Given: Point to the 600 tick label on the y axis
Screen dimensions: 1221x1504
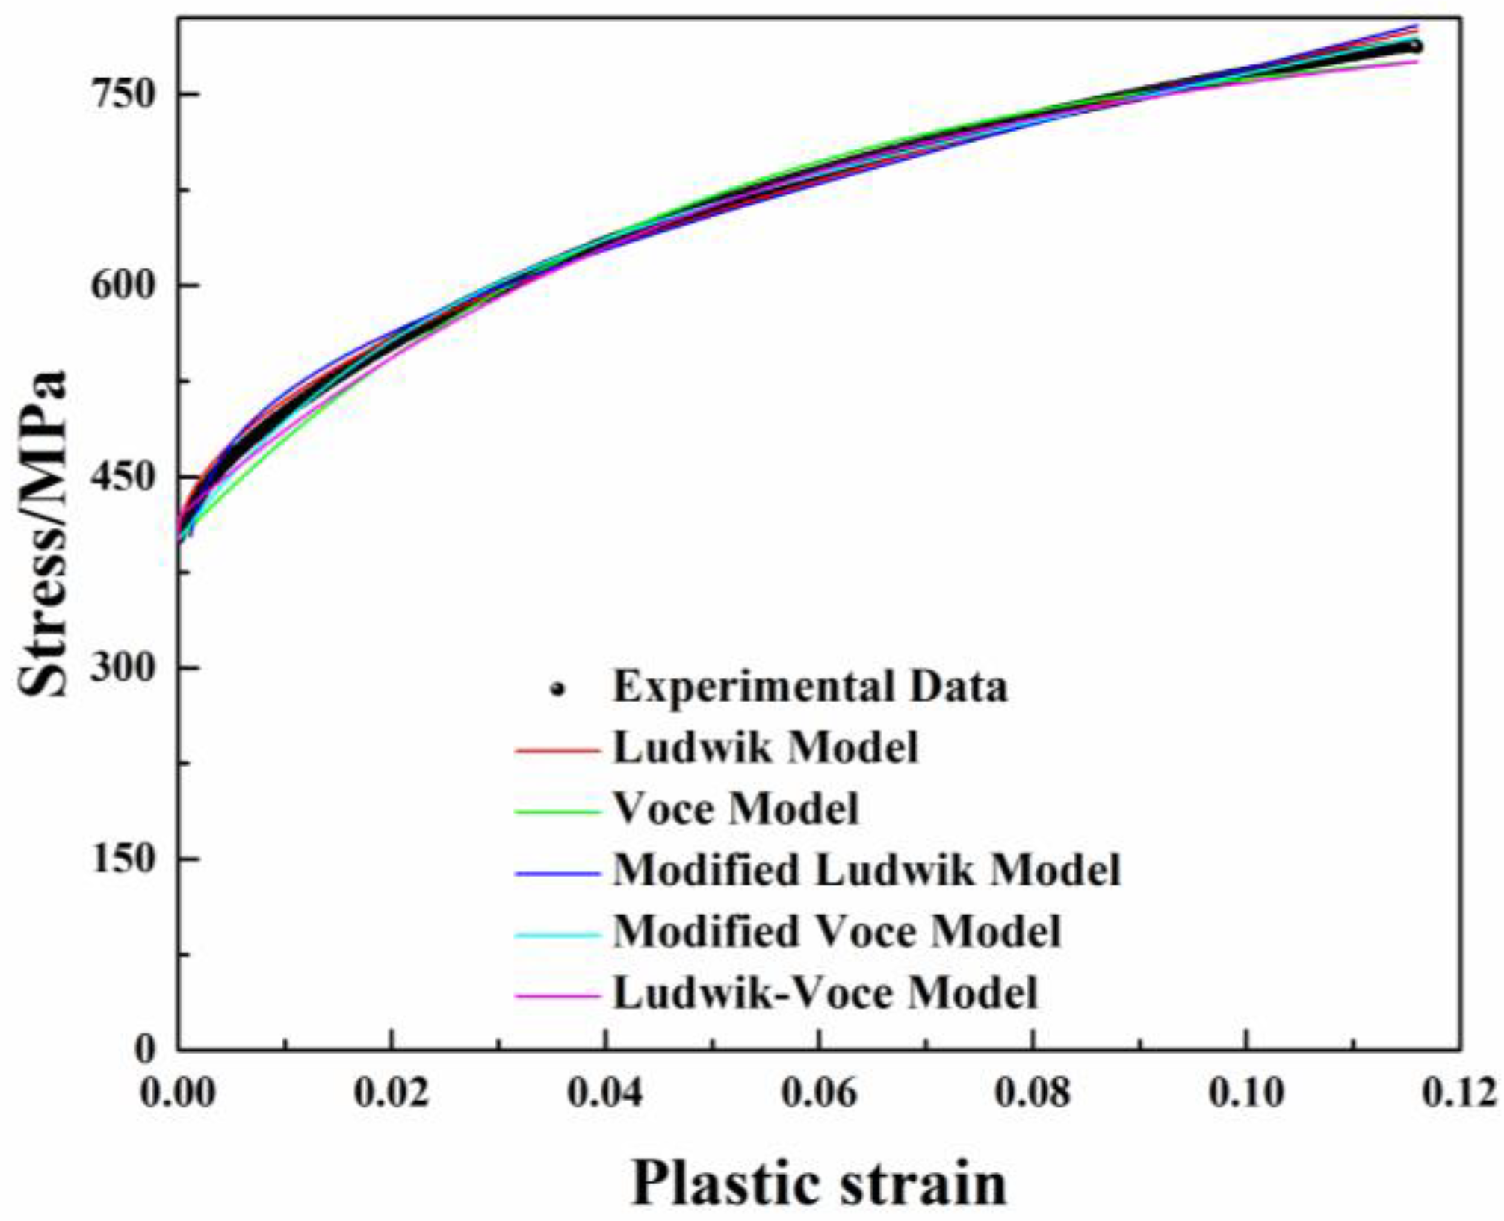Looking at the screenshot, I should click(x=122, y=286).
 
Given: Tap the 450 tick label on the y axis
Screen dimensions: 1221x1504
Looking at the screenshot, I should click(x=122, y=477).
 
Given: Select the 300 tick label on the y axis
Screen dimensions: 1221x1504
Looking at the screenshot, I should click(x=122, y=667).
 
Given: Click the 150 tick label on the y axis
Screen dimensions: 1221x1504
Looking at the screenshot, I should click(x=122, y=859).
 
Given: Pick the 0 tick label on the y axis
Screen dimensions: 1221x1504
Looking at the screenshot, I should click(x=144, y=1049).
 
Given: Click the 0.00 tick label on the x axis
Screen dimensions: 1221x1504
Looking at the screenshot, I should click(x=178, y=1093).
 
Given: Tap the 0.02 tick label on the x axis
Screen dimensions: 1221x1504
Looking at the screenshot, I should click(x=392, y=1093).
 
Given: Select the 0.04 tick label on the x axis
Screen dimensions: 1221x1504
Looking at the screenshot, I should click(x=605, y=1093).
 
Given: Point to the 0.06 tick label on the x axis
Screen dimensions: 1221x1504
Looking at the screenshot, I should click(x=819, y=1093).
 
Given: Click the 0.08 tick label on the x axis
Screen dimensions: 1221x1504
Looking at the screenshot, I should click(x=1033, y=1093).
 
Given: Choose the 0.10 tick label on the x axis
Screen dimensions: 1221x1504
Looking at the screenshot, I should click(x=1246, y=1093).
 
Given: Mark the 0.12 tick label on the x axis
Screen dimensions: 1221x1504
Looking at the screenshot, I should click(x=1459, y=1093).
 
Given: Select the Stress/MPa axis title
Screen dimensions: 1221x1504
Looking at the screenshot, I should click(x=43, y=534).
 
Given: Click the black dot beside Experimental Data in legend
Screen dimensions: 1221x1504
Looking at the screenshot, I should click(x=557, y=689).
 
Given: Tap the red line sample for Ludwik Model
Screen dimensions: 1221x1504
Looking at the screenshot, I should click(x=557, y=749).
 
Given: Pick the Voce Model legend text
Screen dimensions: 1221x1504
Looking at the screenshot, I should click(x=736, y=809).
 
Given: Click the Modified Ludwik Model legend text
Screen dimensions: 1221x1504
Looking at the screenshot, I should click(x=867, y=871).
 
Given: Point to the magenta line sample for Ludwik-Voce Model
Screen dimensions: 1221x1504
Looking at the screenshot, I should click(x=557, y=995).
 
